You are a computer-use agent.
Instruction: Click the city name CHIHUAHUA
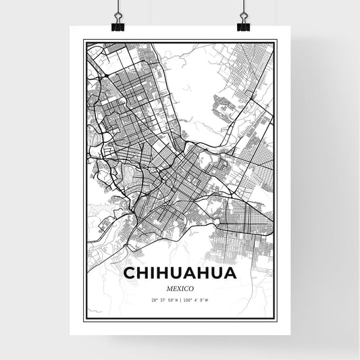point(180,273)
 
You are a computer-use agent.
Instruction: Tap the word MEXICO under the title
point(180,287)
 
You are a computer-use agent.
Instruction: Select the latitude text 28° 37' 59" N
point(164,299)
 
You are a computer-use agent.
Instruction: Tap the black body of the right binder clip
point(243,27)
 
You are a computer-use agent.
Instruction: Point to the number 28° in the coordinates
point(154,299)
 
